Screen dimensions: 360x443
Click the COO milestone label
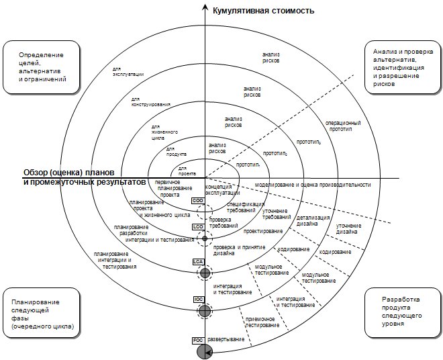coord(198,201)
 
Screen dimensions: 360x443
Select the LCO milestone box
coord(198,227)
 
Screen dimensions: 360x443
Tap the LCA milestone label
coord(198,261)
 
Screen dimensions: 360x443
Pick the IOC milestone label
coord(198,299)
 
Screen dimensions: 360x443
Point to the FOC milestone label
coord(198,341)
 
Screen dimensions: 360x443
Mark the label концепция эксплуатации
coord(218,189)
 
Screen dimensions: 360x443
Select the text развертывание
coord(226,339)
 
